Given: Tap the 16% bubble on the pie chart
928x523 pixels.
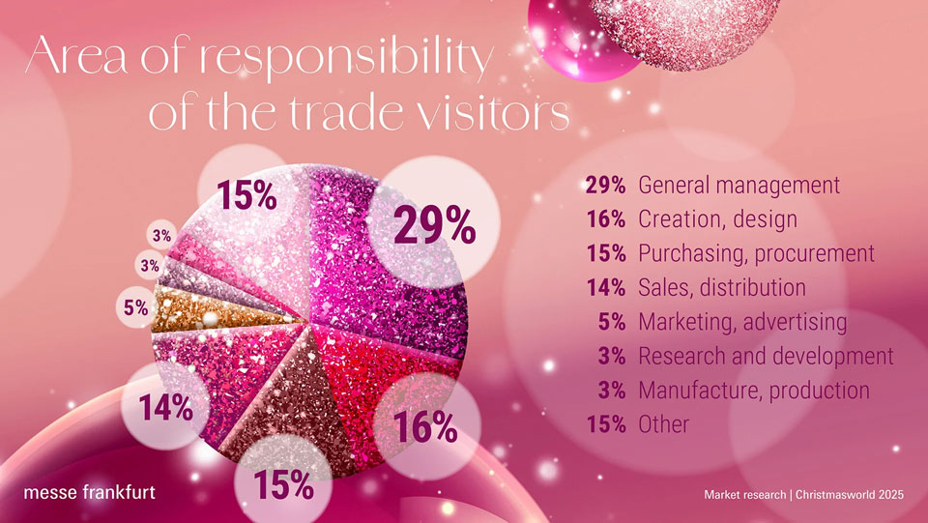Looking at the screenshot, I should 424,426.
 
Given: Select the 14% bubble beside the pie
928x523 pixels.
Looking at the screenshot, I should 164,408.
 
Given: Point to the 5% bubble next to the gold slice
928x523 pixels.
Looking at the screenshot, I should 136,308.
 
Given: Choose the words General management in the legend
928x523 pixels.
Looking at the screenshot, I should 739,185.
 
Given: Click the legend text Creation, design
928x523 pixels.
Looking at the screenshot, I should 717,218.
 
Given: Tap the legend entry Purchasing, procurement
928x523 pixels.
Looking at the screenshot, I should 756,253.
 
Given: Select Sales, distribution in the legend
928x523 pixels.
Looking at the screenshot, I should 722,287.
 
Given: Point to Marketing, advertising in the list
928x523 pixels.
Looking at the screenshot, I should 742,321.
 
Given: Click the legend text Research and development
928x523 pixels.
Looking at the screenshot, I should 766,356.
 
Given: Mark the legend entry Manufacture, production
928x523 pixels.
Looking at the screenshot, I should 754,390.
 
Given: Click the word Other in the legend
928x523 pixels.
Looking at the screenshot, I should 664,423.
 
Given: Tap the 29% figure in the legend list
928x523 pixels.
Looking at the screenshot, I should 607,185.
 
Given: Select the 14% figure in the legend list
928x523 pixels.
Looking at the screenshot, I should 607,287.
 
